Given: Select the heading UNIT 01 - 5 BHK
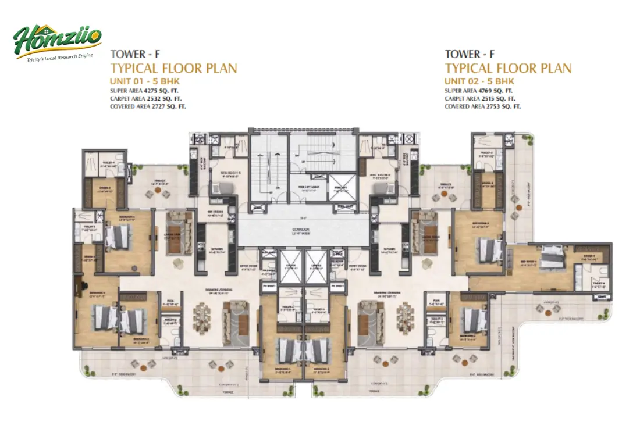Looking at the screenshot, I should point(148,81).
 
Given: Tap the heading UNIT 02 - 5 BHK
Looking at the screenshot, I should point(479,81).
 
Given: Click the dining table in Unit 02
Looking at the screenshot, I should point(403,317).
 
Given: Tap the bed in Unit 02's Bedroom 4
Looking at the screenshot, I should point(549,258).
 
